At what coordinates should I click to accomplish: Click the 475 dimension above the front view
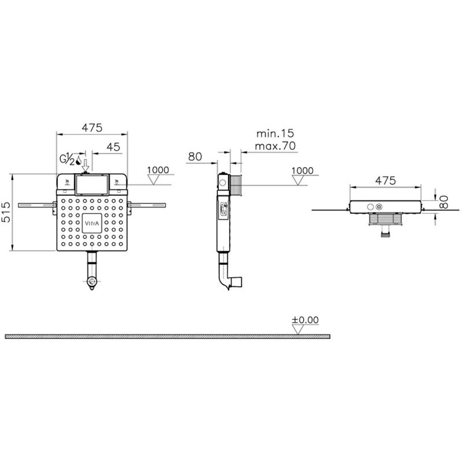(x=92, y=128)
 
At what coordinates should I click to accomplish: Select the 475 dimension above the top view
(x=385, y=180)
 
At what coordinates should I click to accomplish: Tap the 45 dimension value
(x=113, y=147)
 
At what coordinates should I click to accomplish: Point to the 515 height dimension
(x=6, y=212)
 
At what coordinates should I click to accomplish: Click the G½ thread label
(x=67, y=159)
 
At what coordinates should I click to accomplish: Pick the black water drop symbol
(x=79, y=161)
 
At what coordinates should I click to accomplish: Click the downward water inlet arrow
(x=85, y=165)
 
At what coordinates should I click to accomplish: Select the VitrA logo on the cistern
(x=92, y=223)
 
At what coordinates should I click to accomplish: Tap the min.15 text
(x=275, y=133)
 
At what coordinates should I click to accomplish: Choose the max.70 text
(x=275, y=146)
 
